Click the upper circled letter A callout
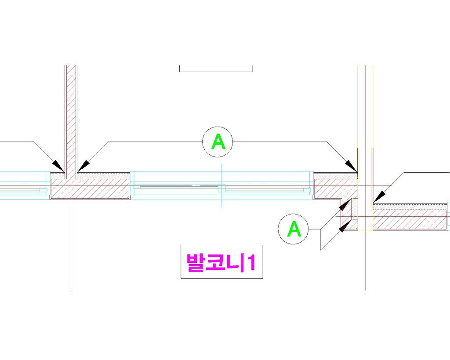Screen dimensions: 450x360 [218, 142]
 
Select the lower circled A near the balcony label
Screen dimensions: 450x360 [293, 229]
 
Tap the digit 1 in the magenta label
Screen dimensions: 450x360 [252, 262]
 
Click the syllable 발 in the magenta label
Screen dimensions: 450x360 [195, 262]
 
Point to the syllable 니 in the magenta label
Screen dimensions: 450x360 [236, 262]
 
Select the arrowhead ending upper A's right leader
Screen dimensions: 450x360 [351, 166]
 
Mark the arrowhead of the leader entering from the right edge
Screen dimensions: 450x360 [379, 196]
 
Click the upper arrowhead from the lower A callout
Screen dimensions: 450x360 [345, 205]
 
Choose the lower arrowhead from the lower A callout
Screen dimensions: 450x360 [345, 226]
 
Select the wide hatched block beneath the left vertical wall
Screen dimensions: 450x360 [90, 189]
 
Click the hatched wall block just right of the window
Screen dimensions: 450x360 [336, 189]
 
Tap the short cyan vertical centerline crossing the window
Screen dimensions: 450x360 [221, 185]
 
